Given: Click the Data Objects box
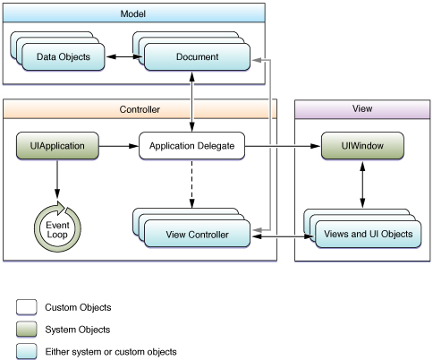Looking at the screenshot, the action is [64, 56].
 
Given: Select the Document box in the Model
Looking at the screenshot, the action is [197, 56].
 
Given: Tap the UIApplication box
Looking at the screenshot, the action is [57, 146].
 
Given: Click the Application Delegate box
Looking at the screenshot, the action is [191, 146].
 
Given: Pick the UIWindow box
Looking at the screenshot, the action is [362, 146].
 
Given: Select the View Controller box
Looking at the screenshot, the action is [197, 234].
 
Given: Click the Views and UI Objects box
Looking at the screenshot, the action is [368, 234].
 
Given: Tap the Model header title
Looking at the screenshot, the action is [133, 13].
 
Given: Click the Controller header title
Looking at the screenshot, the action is [140, 109].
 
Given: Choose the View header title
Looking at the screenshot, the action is [362, 108].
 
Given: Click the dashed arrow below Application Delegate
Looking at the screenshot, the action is [191, 184].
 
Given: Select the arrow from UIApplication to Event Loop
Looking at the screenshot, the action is [57, 178].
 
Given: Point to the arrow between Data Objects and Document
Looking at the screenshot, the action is [124, 56].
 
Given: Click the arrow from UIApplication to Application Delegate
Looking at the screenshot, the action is [119, 146].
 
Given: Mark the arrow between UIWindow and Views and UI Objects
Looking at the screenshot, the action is [362, 184].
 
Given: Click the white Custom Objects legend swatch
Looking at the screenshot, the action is [27, 307].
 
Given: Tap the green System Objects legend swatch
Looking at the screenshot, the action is [27, 330].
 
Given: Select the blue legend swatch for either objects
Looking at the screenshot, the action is [27, 351].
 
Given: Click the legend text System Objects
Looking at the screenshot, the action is [78, 330].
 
